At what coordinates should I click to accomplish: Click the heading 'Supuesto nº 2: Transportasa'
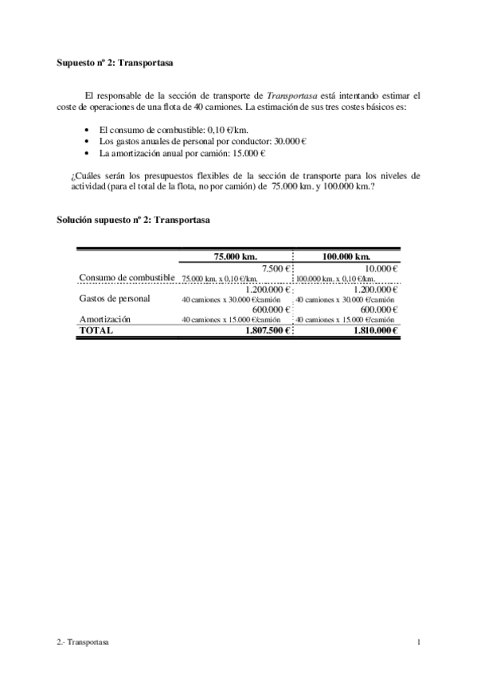(115, 60)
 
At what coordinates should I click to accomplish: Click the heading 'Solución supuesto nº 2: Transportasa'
(133, 219)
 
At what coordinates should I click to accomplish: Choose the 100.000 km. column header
(345, 257)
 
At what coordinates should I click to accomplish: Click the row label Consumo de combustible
(127, 277)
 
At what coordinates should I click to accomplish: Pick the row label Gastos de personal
(115, 298)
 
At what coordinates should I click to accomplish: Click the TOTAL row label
(96, 330)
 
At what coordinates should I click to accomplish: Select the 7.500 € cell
(276, 268)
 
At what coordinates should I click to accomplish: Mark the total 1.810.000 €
(374, 330)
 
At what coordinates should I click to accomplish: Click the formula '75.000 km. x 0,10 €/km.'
(220, 279)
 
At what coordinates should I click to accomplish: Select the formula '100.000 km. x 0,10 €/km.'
(335, 279)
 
